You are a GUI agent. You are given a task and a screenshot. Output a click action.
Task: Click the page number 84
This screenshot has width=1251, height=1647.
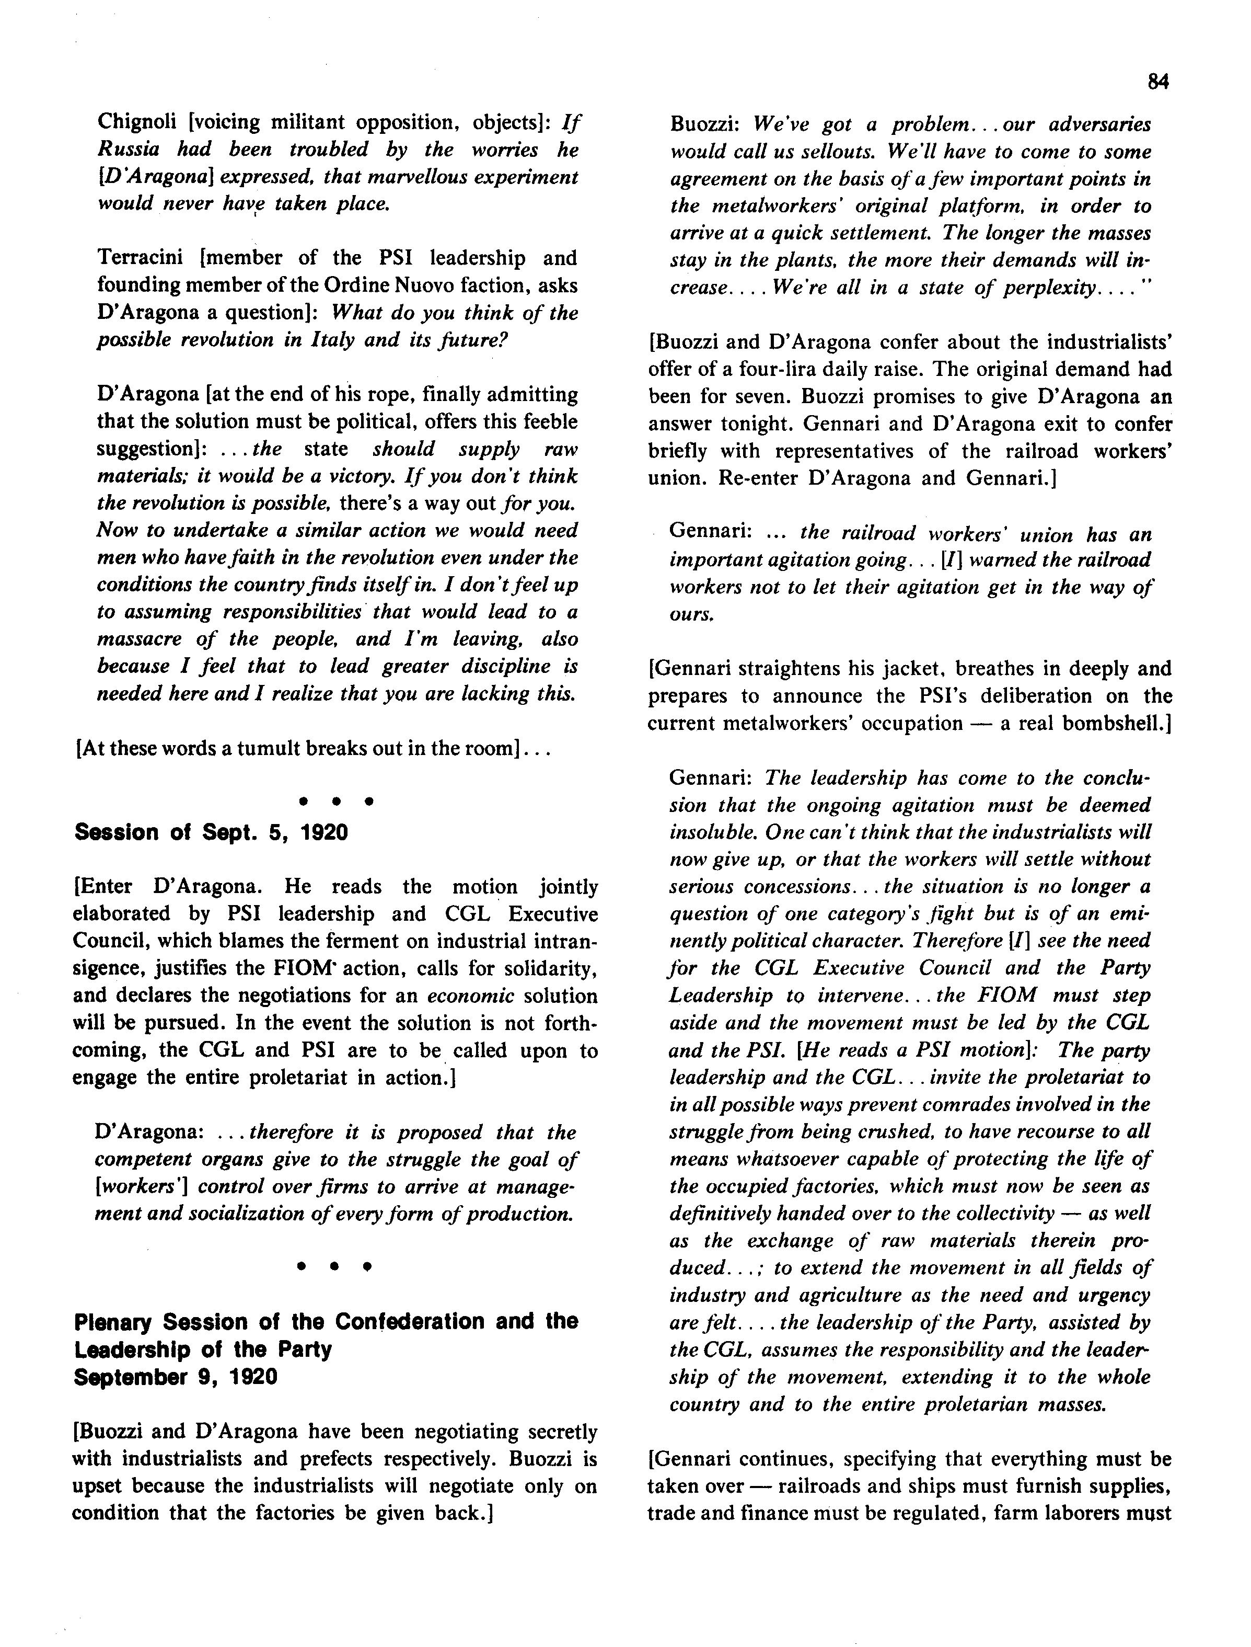(x=1158, y=82)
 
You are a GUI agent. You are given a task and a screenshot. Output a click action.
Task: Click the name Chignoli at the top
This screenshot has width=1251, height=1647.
(x=135, y=122)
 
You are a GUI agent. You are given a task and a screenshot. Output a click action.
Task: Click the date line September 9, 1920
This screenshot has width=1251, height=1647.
(x=176, y=1377)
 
